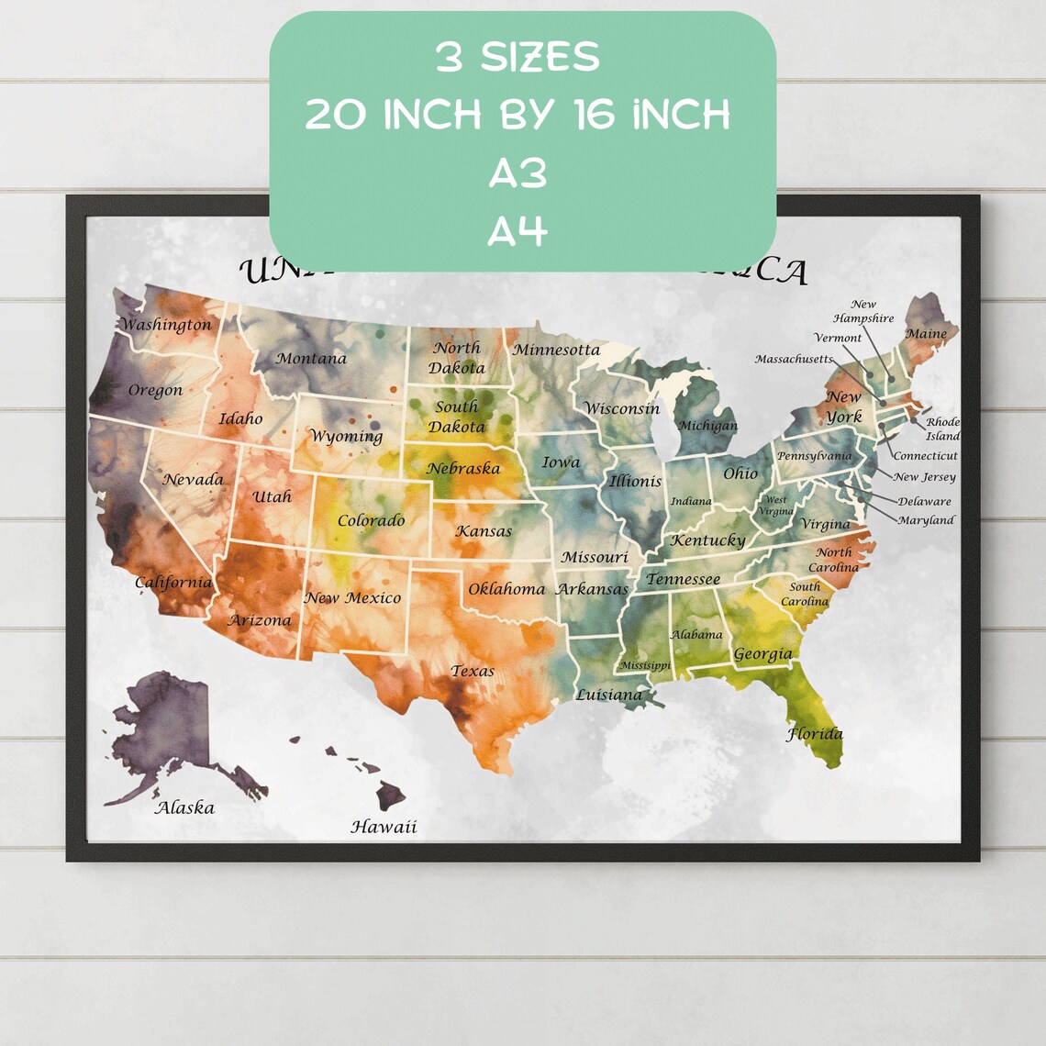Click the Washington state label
[x=166, y=325]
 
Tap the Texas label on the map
[x=473, y=672]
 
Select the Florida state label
[x=814, y=734]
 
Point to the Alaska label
[x=184, y=808]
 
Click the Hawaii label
[x=384, y=827]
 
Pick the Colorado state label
[x=371, y=521]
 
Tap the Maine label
[x=926, y=334]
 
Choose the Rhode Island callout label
[x=942, y=429]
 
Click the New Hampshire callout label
[x=862, y=312]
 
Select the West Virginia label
[x=775, y=506]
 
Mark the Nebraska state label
[x=463, y=469]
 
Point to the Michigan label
[x=707, y=426]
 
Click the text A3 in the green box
[x=517, y=173]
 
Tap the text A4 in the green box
[x=517, y=232]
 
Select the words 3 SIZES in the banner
[x=517, y=58]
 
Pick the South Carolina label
[x=805, y=595]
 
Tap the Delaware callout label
[x=924, y=502]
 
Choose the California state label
[x=173, y=583]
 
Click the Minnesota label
[x=556, y=351]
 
